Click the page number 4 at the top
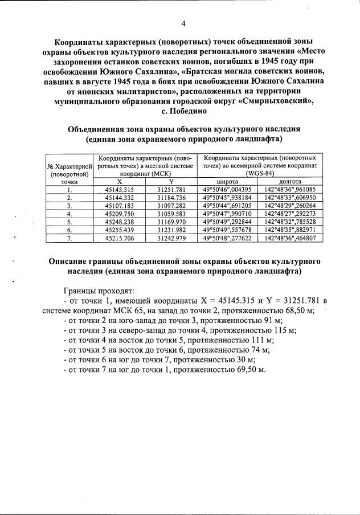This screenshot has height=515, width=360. tap(183, 23)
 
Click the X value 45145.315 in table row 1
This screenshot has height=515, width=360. tap(120, 189)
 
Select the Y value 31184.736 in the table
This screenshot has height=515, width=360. tap(170, 197)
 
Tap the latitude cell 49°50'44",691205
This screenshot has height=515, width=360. tap(226, 205)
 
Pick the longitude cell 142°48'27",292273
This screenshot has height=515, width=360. tap(291, 213)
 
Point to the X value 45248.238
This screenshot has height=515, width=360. tap(120, 221)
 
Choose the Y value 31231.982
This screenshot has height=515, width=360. tap(170, 229)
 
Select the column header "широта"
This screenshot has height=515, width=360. tap(226, 181)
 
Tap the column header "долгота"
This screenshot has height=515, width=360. tap(291, 181)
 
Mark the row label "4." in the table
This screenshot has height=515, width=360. tap(69, 213)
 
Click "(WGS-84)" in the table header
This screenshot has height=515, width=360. tap(260, 173)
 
